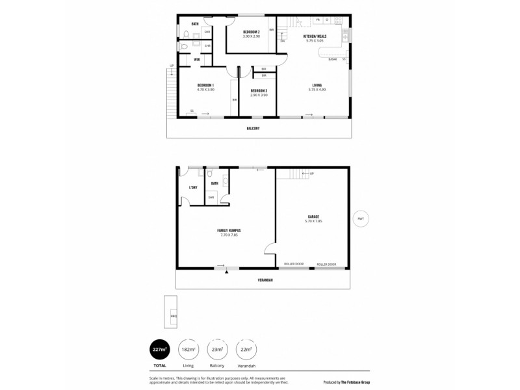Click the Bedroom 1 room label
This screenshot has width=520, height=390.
pos(205,85)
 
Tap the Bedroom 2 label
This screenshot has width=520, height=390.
pos(252,32)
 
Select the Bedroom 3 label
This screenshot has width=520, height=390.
pos(259,90)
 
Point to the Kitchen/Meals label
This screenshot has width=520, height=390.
pos(315,36)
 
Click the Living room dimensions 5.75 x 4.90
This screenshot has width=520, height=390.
pos(317,89)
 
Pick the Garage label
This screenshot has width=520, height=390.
pos(313,216)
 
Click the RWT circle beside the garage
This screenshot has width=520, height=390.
pos(360,219)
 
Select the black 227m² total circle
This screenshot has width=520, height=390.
pos(160,350)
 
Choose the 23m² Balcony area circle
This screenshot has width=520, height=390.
pos(216,350)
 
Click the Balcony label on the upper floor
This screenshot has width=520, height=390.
pos(253,128)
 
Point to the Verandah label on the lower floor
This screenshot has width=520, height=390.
pos(263,280)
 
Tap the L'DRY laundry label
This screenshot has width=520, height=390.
pos(192,188)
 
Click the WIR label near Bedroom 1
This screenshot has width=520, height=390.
pos(196,60)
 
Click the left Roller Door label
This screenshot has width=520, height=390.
pos(294,265)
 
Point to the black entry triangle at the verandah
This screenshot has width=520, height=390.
pos(226,272)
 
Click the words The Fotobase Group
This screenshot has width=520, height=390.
pos(361,382)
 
